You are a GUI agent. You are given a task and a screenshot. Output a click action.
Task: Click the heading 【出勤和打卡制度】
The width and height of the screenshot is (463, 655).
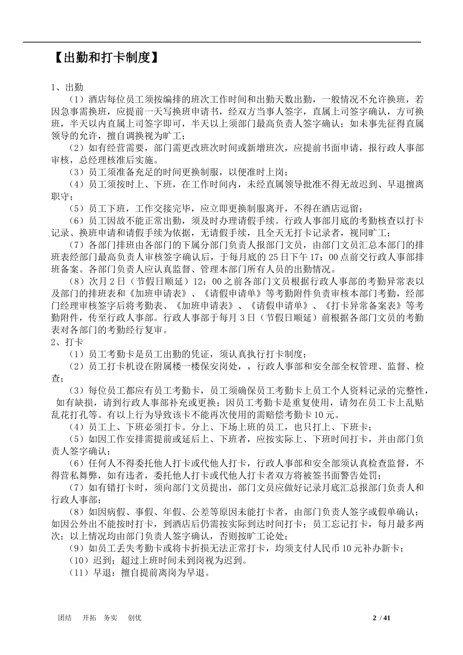105,58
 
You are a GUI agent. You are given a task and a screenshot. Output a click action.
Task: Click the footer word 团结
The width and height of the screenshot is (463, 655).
65,618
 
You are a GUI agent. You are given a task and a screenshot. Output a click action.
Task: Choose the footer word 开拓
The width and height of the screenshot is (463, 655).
90,618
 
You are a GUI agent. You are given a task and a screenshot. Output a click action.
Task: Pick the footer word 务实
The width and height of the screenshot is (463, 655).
111,618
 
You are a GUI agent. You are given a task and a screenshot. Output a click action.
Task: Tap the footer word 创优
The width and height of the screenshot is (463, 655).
135,618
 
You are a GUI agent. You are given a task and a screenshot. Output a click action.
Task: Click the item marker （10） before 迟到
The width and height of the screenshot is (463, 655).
78,560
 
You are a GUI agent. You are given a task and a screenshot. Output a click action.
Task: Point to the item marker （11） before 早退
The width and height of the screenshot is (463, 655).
78,573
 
